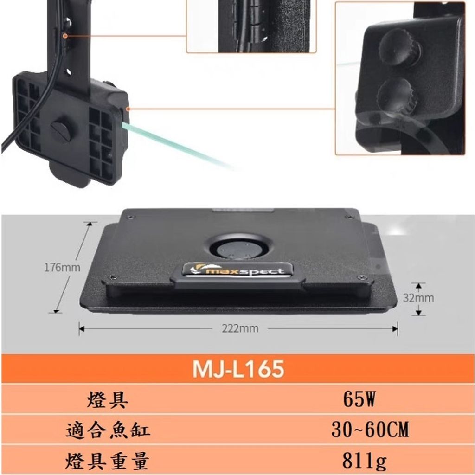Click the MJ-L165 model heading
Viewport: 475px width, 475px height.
(x=238, y=369)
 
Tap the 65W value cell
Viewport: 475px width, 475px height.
(x=359, y=399)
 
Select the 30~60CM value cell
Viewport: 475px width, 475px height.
(x=370, y=429)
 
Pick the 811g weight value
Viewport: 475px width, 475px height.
(x=364, y=461)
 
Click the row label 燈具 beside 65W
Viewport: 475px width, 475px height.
(x=108, y=399)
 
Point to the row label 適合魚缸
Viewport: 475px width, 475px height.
(x=108, y=430)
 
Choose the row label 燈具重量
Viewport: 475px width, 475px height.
(x=108, y=461)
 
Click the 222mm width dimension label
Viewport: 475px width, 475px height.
(x=240, y=328)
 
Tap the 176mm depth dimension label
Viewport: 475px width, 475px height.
(x=63, y=268)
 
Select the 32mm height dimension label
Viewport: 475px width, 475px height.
(x=418, y=298)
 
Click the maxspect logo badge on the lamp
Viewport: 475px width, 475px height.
(x=237, y=270)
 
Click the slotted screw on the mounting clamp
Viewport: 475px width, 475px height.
(x=61, y=131)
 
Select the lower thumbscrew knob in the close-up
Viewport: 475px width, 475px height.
(x=397, y=96)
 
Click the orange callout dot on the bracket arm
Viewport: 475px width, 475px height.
(x=65, y=36)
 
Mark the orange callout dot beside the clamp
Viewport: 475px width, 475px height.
(x=128, y=109)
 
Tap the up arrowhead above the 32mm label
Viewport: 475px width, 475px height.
(x=418, y=286)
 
